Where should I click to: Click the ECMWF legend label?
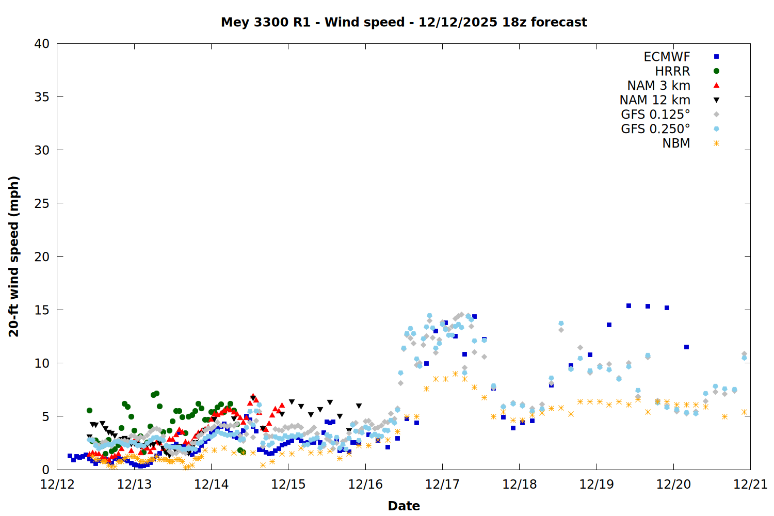667,57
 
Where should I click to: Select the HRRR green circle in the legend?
716,71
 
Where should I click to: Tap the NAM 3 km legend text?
658,86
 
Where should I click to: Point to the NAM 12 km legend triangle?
716,100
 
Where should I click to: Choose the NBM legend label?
676,143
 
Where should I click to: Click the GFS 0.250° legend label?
655,129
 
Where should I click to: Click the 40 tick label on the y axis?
42,44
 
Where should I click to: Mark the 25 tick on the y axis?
42,203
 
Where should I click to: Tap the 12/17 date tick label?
442,485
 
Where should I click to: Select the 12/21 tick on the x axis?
750,485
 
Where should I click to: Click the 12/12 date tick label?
57,485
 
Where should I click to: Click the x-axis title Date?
404,506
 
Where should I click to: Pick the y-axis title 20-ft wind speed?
14,256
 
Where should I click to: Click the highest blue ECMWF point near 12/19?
628,306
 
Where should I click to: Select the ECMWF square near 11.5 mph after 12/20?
686,347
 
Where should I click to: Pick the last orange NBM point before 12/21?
744,412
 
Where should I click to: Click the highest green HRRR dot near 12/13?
156,394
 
